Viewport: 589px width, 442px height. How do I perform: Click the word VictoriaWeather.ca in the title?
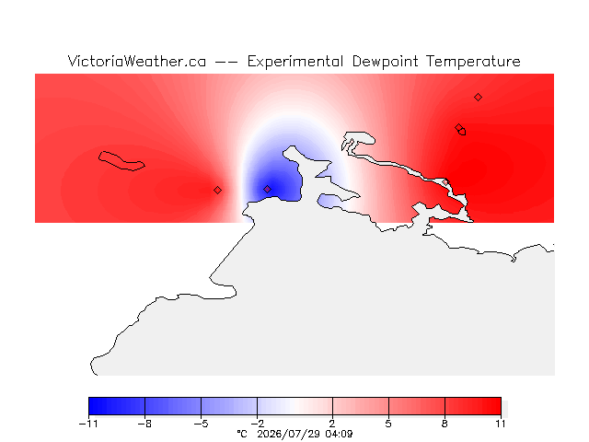click(x=137, y=62)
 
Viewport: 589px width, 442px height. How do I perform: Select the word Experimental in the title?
click(x=295, y=62)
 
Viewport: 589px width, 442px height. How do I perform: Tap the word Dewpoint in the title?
click(x=385, y=62)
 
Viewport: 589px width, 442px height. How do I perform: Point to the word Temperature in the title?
click(x=473, y=62)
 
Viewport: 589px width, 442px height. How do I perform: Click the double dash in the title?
click(x=226, y=62)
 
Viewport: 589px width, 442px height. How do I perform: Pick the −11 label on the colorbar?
click(x=88, y=424)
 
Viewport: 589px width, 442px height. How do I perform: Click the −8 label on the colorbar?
click(x=144, y=424)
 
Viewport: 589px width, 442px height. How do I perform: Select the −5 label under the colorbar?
click(x=201, y=424)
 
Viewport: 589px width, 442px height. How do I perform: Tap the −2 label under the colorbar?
click(x=258, y=424)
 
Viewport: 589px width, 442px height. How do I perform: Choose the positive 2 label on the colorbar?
click(x=332, y=424)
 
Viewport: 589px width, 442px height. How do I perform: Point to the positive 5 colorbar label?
click(x=388, y=424)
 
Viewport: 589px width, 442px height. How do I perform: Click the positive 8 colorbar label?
click(x=445, y=424)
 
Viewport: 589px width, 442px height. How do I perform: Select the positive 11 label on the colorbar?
click(x=501, y=424)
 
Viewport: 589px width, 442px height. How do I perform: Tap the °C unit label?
click(x=242, y=434)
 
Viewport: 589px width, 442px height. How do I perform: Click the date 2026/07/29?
click(x=288, y=434)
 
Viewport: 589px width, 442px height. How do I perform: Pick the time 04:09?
click(x=339, y=434)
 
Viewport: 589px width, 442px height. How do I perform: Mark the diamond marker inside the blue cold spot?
click(x=267, y=189)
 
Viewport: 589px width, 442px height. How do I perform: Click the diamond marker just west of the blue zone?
click(x=217, y=191)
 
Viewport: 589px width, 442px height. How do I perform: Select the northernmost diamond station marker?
click(x=478, y=98)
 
